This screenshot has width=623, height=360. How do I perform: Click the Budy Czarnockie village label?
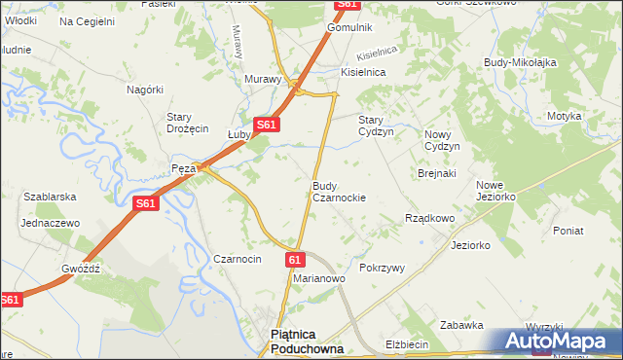coord(339,191)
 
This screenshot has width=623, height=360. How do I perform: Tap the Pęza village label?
coord(184,168)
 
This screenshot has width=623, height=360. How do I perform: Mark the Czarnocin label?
coord(238,259)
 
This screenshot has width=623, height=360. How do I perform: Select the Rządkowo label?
coord(429,219)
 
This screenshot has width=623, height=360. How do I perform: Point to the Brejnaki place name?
coord(437,173)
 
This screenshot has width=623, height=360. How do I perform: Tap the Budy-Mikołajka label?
coord(520,62)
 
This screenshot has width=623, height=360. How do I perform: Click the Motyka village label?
coord(564,116)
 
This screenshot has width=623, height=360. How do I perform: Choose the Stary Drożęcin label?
coord(188,123)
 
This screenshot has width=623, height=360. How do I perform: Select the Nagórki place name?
coord(144,90)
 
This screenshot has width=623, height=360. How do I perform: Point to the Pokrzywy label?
coord(382,268)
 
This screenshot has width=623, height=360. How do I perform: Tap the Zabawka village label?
coord(461,325)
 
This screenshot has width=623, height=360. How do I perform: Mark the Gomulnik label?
coord(350,27)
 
